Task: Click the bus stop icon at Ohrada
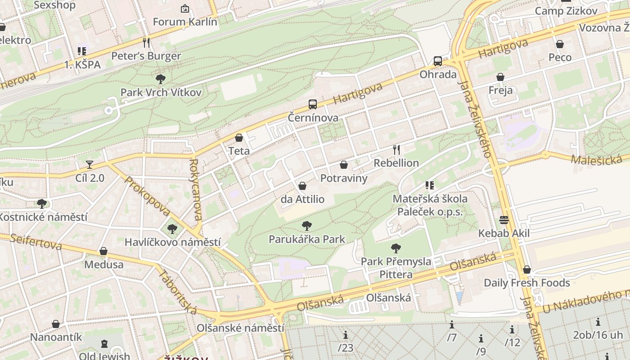[437, 61]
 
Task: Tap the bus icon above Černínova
[312, 104]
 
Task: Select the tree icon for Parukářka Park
[307, 226]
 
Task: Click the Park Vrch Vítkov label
[161, 92]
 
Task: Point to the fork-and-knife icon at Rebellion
[396, 149]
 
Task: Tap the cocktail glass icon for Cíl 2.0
[90, 165]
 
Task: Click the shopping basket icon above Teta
[239, 138]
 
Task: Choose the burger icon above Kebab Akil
[504, 220]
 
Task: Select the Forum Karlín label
[185, 22]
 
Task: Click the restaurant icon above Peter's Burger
[146, 43]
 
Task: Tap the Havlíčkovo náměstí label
[172, 242]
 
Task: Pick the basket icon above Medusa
[103, 251]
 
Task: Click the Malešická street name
[596, 159]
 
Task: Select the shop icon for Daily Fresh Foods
[527, 270]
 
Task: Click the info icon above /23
[346, 335]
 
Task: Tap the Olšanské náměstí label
[240, 328]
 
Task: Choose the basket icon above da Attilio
[302, 186]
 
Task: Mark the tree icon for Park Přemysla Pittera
[396, 248]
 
